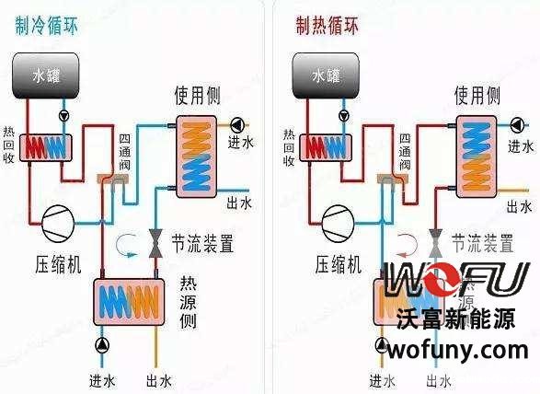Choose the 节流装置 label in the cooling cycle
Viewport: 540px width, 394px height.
pos(201,245)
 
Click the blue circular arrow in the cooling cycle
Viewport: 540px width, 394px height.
pos(123,244)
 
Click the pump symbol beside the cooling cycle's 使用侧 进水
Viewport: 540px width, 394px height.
pos(236,124)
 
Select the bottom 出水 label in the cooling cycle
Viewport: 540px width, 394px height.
pos(159,379)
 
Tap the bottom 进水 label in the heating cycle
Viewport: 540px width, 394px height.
pos(382,379)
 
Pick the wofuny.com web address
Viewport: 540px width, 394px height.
pos(458,350)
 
